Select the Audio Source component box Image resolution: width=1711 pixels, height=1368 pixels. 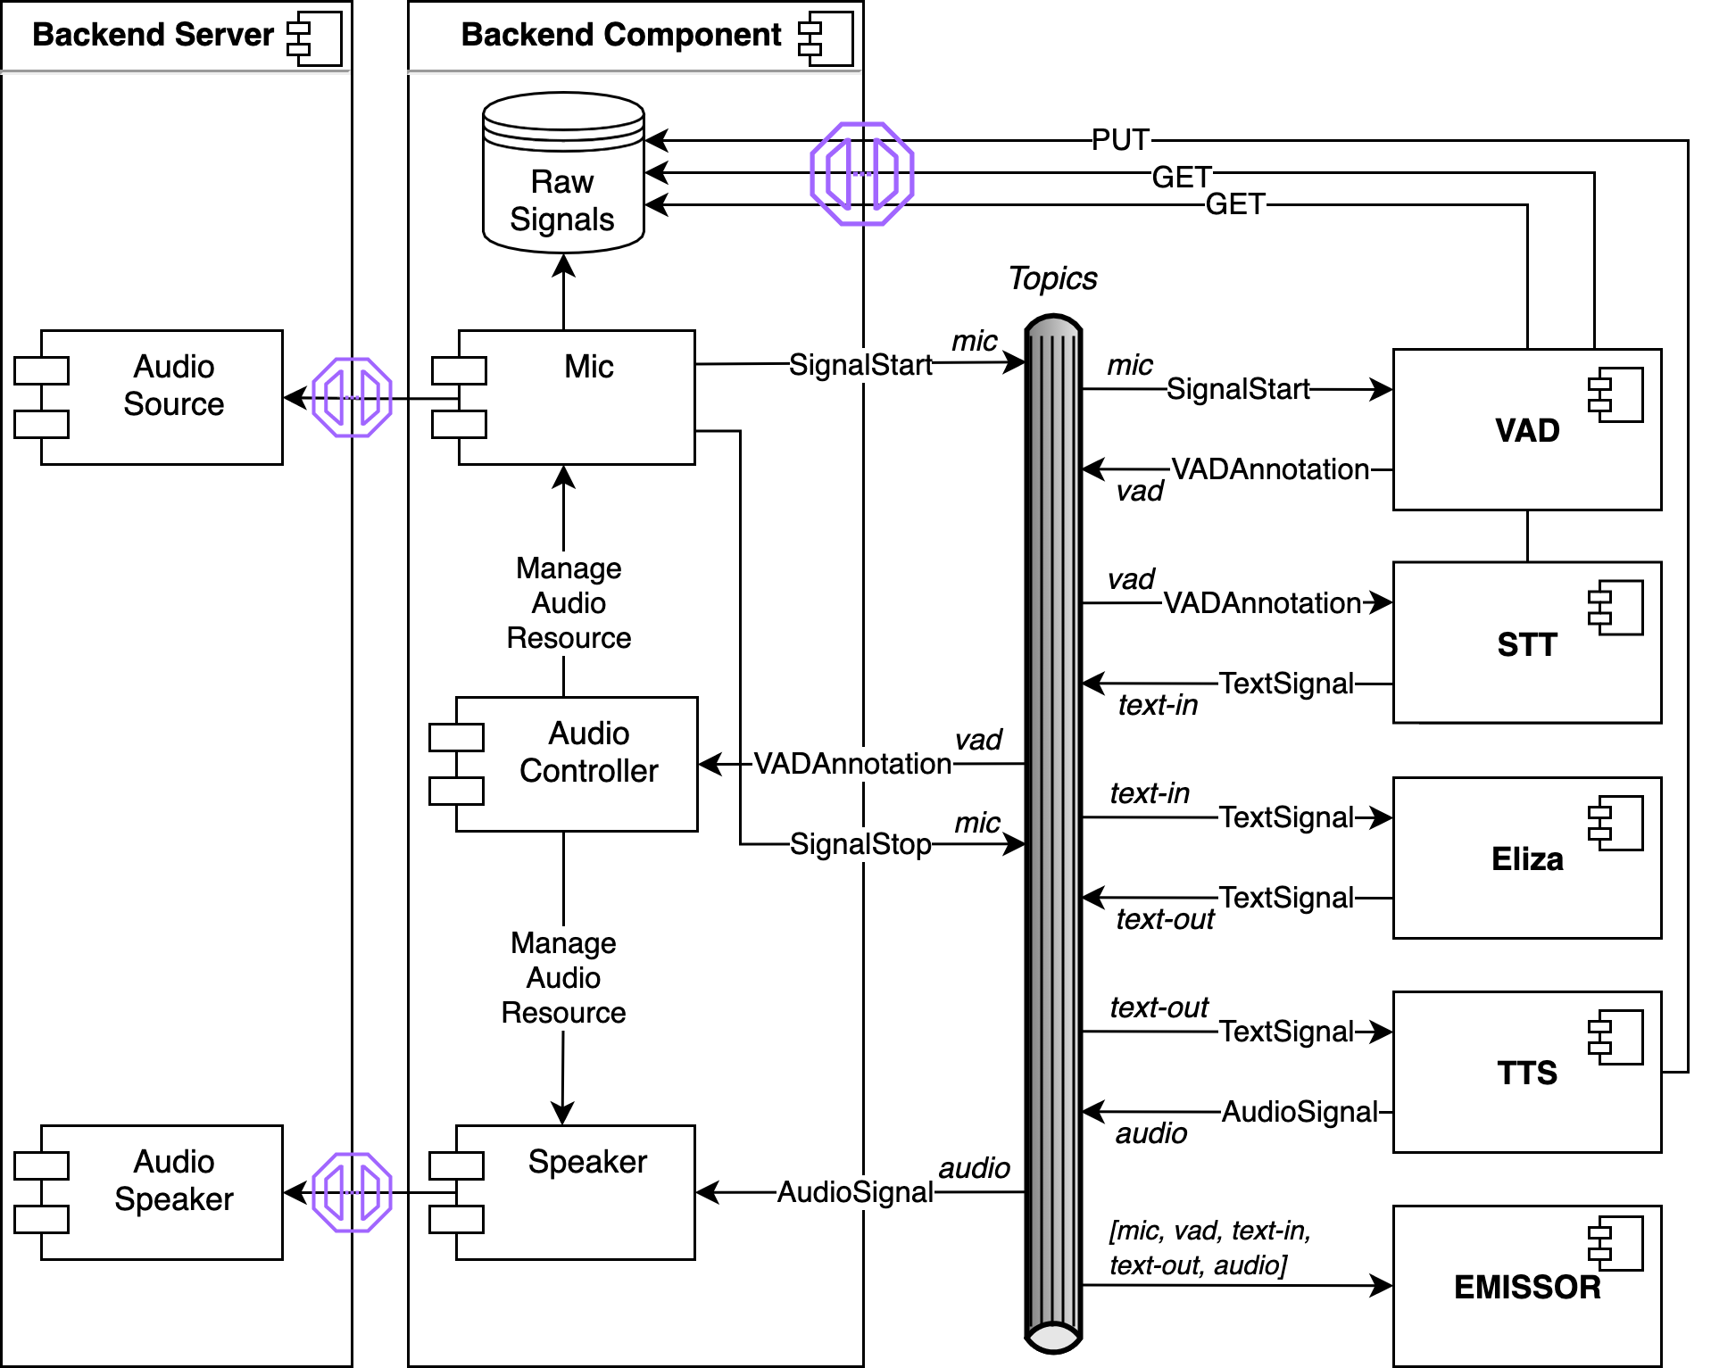161,397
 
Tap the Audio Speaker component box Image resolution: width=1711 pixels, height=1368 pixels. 161,1192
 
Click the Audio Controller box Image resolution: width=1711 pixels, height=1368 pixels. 576,764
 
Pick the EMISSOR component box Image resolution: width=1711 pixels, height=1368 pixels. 1526,1286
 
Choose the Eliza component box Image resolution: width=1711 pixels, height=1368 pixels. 1526,858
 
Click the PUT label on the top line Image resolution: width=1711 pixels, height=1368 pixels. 1120,140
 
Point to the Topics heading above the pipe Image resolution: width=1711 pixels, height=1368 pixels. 1052,278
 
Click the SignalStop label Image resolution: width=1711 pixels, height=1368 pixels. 860,844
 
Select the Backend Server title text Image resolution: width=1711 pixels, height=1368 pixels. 153,35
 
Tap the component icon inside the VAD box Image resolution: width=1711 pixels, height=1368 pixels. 1615,395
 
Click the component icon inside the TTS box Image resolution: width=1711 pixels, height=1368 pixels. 1615,1037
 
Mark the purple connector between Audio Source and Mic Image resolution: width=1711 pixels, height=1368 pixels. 353,397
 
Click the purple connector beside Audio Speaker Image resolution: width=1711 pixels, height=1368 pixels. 353,1192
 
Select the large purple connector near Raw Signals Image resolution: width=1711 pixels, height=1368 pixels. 862,173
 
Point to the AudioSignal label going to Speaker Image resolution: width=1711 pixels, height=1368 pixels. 855,1192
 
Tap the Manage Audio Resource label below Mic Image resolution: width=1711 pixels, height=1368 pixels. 569,603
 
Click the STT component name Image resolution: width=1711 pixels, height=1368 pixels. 1526,644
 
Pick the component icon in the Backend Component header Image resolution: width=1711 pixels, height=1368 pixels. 826,38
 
